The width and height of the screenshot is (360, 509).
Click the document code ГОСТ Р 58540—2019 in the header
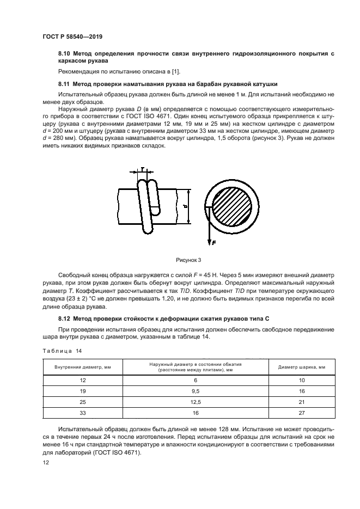72,36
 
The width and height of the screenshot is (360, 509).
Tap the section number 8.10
65,53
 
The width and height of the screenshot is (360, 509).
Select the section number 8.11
65,84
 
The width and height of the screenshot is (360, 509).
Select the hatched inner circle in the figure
229,208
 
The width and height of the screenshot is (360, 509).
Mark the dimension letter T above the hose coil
143,170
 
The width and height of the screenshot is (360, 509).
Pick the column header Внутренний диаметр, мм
83,367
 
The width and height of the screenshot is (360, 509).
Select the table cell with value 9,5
196,391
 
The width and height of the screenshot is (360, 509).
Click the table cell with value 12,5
196,402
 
